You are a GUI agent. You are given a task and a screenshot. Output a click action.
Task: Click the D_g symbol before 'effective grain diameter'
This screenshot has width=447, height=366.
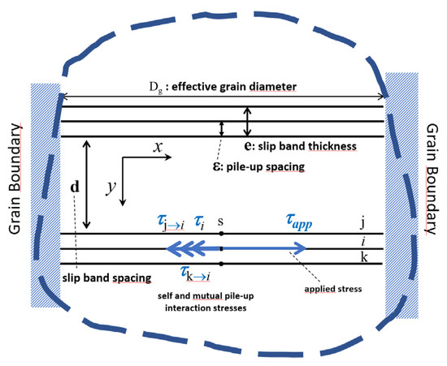click(156, 88)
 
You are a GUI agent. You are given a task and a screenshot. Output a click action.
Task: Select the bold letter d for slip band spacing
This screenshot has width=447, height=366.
click(75, 187)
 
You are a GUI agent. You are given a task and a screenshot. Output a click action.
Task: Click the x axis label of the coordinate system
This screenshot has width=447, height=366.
click(158, 147)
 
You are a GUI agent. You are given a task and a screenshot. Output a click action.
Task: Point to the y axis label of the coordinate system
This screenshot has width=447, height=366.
click(111, 187)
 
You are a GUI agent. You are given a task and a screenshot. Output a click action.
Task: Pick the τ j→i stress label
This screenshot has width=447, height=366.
click(171, 222)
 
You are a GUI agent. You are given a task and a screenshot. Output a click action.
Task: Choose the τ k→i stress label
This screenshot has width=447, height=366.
click(196, 274)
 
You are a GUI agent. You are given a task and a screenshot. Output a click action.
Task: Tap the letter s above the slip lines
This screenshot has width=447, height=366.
click(220, 221)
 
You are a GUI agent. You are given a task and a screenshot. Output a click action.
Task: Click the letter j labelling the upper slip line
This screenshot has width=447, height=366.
click(362, 223)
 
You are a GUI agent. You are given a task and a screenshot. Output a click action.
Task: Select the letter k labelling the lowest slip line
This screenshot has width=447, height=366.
click(364, 257)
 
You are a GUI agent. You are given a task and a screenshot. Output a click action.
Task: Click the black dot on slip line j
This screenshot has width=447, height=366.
click(221, 234)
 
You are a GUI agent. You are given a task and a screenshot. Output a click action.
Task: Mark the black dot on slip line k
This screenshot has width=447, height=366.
click(221, 264)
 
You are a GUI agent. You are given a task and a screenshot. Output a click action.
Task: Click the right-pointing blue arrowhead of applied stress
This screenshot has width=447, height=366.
click(300, 248)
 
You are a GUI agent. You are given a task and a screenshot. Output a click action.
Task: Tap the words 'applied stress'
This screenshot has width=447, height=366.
click(333, 289)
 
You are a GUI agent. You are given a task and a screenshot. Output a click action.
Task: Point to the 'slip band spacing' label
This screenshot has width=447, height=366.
click(106, 278)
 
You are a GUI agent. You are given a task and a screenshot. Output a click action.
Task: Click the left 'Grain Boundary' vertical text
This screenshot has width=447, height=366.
click(15, 179)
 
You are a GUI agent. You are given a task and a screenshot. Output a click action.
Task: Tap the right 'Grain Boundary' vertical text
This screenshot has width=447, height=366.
click(432, 179)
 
